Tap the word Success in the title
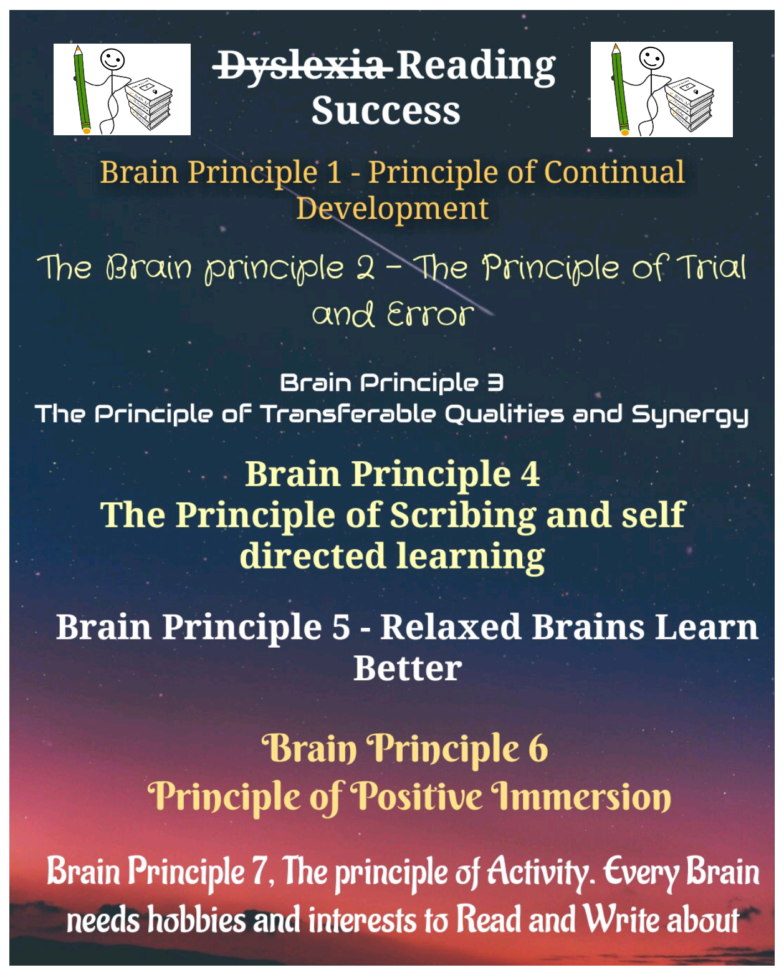tap(386, 111)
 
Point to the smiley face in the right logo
tap(651, 60)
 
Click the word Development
tap(392, 208)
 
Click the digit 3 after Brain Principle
tap(495, 382)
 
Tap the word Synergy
tap(690, 415)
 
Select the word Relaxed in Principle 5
tap(451, 627)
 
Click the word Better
tap(408, 668)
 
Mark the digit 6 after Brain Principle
tap(538, 749)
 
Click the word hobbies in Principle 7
tap(196, 920)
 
